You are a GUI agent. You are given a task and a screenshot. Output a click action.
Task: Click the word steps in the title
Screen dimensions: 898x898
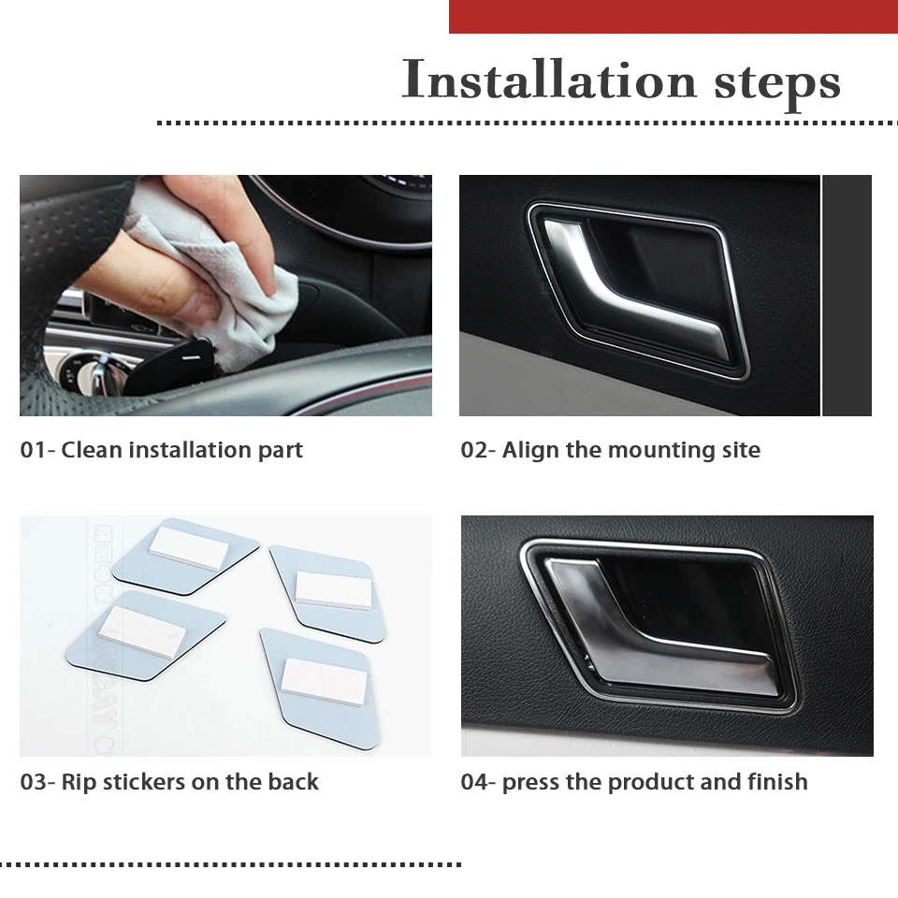777,84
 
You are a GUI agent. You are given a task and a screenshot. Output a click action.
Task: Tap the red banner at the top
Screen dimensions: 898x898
673,17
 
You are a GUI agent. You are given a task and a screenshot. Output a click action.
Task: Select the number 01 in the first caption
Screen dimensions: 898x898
33,450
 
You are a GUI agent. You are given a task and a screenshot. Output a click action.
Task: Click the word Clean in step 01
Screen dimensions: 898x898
92,450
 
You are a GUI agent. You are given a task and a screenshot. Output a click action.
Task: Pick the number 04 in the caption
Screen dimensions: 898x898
474,782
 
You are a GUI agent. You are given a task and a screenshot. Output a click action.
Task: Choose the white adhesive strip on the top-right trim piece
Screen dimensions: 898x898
333,590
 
